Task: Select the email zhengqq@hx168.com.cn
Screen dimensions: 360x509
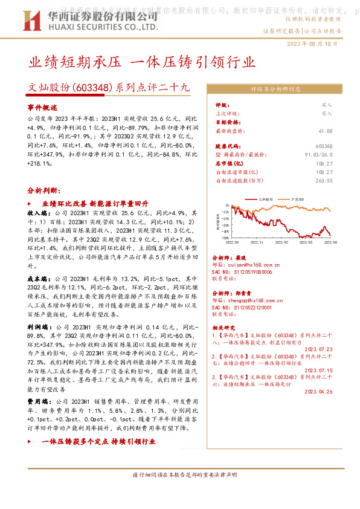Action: coord(256,300)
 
